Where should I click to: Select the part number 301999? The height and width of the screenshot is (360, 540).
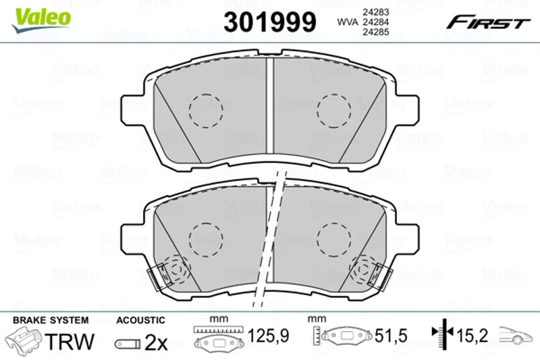click(x=269, y=22)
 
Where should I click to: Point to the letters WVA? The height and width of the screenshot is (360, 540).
click(x=348, y=22)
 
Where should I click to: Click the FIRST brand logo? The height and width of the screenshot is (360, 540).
click(x=488, y=23)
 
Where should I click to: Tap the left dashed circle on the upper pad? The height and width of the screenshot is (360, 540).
click(x=206, y=111)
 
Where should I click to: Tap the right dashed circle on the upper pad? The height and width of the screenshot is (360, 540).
click(x=334, y=111)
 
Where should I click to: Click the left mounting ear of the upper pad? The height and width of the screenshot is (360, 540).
click(x=132, y=109)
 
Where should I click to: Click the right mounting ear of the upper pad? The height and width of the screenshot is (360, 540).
click(x=408, y=109)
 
